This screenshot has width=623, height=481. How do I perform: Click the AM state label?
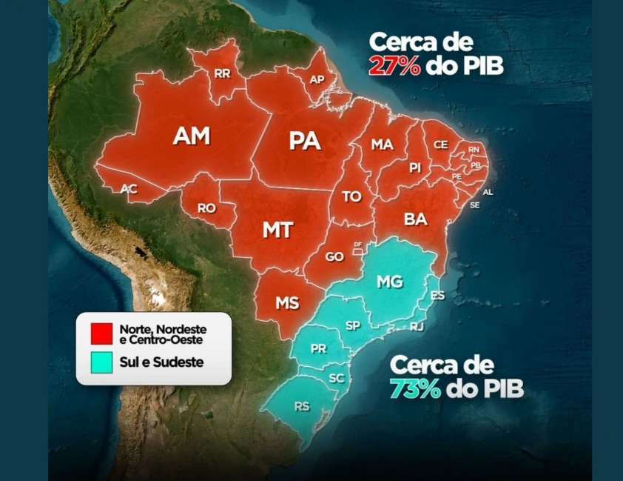[x=192, y=136]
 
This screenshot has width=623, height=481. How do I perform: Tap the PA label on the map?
[x=305, y=141]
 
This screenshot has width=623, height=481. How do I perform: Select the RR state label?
[x=222, y=73]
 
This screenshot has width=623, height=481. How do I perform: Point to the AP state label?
[x=317, y=79]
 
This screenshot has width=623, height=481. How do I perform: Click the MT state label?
[x=277, y=230]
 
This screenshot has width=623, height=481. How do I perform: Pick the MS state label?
[x=287, y=303]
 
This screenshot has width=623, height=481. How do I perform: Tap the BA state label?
[x=415, y=219]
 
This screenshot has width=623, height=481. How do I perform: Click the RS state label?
[x=302, y=406]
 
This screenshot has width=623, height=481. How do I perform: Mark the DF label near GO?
[x=358, y=244]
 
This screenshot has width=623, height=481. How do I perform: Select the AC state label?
[x=129, y=189]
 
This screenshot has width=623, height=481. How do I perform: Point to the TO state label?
[x=351, y=197]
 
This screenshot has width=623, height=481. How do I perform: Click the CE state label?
[x=440, y=145]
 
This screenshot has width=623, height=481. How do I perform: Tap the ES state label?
[x=437, y=296]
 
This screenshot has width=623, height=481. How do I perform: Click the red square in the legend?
[x=101, y=333]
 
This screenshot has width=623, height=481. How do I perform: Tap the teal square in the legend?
[x=101, y=363]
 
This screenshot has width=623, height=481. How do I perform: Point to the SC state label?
[x=337, y=378]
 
